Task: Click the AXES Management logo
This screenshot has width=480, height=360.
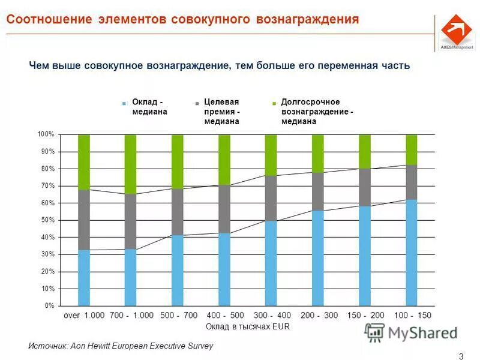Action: coord(456,31)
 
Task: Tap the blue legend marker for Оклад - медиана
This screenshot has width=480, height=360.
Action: coord(124,103)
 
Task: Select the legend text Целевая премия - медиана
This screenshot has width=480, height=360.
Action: coord(221,112)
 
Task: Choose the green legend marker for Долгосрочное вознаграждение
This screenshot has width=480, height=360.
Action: coord(274,103)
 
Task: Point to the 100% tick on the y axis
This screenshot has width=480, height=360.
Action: coord(46,134)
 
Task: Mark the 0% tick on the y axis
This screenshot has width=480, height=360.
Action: coord(49,306)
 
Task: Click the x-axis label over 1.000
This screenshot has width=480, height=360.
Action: coord(84,315)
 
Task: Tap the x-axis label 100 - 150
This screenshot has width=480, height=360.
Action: coord(412,315)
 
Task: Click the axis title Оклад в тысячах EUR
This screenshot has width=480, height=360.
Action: coord(247,326)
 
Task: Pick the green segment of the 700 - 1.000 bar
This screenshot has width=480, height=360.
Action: coord(130,164)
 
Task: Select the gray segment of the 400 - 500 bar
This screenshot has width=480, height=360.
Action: coord(224,209)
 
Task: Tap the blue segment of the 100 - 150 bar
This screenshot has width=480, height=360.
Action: coord(411,253)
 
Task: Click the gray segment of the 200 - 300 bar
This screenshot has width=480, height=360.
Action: coord(317,191)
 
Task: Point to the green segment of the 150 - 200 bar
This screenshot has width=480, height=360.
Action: coord(364,151)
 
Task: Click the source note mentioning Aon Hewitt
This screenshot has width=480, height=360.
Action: coord(120,346)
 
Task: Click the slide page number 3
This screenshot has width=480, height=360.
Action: coord(461,356)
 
